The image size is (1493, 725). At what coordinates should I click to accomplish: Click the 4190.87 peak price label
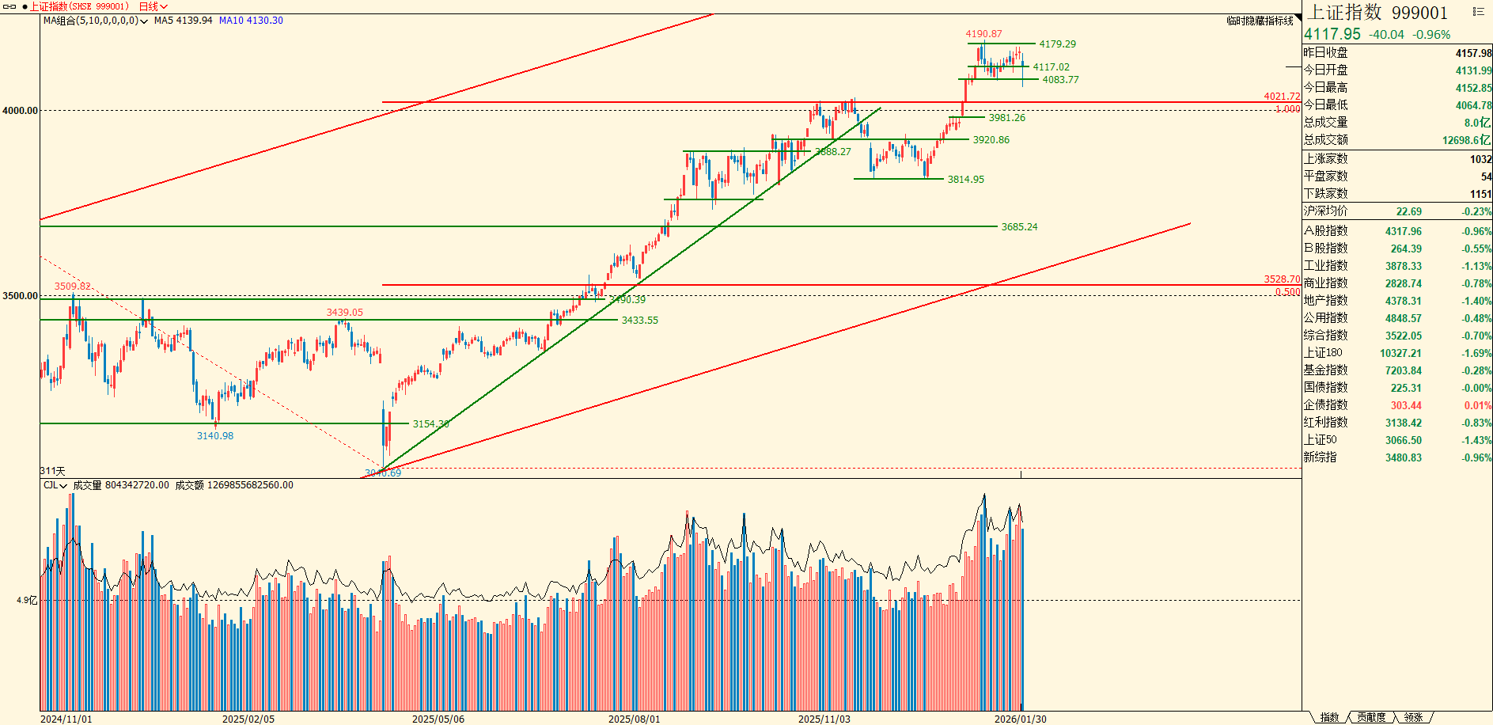(983, 34)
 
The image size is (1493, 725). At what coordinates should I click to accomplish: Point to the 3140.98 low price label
(214, 436)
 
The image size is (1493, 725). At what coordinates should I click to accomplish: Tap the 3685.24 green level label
(1019, 227)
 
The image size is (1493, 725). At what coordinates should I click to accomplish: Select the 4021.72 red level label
(1282, 97)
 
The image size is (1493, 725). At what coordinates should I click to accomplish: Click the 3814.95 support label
(966, 180)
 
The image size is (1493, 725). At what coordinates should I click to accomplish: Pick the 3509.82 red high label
(72, 287)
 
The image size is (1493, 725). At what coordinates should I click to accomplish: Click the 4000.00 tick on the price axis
(20, 111)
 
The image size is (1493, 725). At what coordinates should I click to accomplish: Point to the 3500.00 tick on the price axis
(20, 296)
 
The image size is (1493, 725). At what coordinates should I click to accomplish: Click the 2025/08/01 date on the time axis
(634, 719)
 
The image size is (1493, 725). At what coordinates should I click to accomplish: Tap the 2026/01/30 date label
(1020, 719)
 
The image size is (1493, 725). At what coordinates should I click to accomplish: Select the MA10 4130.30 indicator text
(251, 21)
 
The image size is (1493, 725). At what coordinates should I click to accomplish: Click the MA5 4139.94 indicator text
(183, 21)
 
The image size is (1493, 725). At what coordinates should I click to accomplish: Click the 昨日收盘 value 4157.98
(1473, 53)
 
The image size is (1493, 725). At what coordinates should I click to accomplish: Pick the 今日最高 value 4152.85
(1473, 88)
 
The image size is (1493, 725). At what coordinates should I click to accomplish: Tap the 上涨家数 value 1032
(1480, 159)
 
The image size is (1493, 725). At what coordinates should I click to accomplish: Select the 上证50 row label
(1321, 440)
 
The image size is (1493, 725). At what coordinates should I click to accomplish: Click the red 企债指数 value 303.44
(1406, 406)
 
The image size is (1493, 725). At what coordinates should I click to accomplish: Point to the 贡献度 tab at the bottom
(1371, 717)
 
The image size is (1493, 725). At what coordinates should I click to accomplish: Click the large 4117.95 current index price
(1332, 34)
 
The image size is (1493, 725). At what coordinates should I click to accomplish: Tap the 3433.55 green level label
(639, 321)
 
